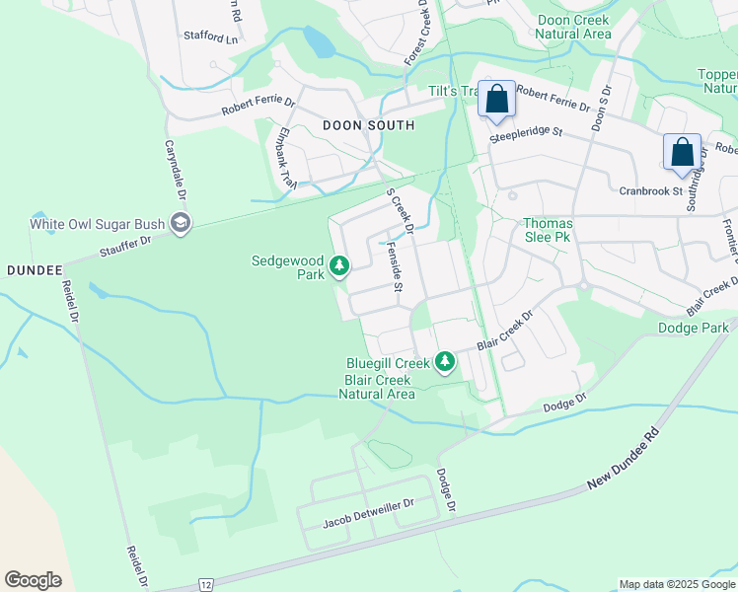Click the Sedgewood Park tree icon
pyautogui.click(x=339, y=265)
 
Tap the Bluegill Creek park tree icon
pyautogui.click(x=445, y=362)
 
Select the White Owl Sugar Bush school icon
pyautogui.click(x=180, y=224)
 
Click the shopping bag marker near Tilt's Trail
pyautogui.click(x=496, y=100)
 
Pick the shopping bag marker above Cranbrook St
pyautogui.click(x=682, y=152)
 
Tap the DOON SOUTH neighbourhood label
pyautogui.click(x=368, y=125)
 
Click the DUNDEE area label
pyautogui.click(x=35, y=269)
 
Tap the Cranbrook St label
pyautogui.click(x=651, y=190)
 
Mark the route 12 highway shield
pyautogui.click(x=204, y=584)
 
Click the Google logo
pyautogui.click(x=34, y=580)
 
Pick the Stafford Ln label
pyautogui.click(x=211, y=37)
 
